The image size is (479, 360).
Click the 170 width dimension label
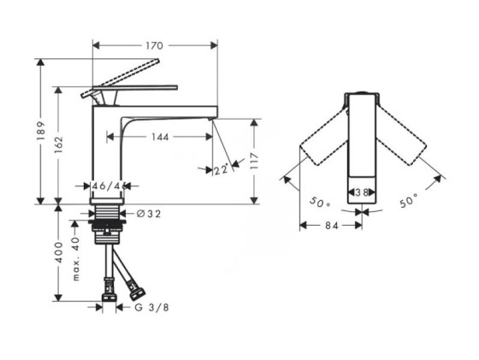[x=154, y=46]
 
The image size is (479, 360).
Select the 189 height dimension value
[x=41, y=131]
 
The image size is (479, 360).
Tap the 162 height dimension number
[x=58, y=145]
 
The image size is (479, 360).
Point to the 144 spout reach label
[x=160, y=137]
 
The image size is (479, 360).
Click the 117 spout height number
[x=254, y=161]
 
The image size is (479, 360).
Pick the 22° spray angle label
[x=221, y=169]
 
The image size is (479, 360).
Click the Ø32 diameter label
[x=149, y=214]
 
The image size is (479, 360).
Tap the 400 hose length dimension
[x=58, y=252]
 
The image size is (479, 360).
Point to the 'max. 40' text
[x=76, y=258]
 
